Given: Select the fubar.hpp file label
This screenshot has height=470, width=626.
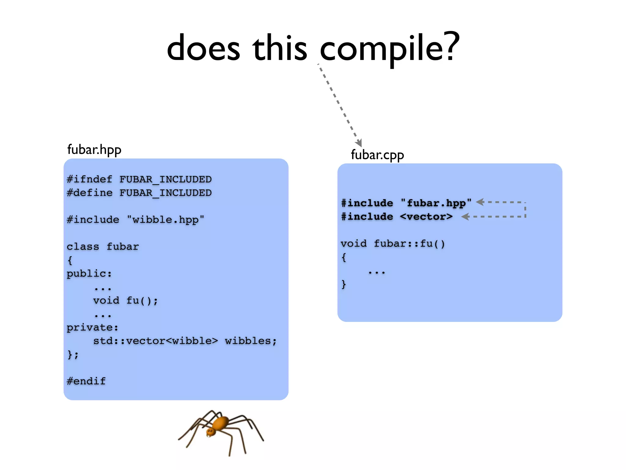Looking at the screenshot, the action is pos(94,150).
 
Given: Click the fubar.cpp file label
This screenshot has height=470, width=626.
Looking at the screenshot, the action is pos(377,155).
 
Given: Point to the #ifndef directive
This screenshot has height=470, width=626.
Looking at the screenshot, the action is pos(89,179).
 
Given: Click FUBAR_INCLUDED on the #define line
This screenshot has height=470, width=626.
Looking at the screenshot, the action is pos(165,193).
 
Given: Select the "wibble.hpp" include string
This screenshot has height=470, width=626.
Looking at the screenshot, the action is pos(165,220).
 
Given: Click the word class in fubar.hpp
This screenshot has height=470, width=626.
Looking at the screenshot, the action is pos(83,247).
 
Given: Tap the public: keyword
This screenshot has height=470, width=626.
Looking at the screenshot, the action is pos(89,274).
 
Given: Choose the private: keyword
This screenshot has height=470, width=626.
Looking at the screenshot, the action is pos(92,327).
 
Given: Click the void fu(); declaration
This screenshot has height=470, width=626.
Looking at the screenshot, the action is pos(125,300).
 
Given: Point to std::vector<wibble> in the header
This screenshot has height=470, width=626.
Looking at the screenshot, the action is pos(155,341).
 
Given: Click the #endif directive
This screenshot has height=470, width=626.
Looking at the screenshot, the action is pos(86,381).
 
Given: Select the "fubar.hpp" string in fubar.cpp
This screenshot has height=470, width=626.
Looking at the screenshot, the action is pos(436,203).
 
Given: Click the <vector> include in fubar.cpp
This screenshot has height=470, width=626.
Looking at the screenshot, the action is pos(426,217).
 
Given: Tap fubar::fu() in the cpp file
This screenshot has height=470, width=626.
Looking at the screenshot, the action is pos(409,244).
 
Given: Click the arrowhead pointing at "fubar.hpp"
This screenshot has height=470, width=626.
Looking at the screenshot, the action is pos(480,202).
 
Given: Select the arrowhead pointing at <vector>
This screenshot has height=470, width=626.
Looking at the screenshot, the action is pos(465,217).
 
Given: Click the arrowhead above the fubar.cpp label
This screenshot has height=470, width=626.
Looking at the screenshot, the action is pos(359,143).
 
